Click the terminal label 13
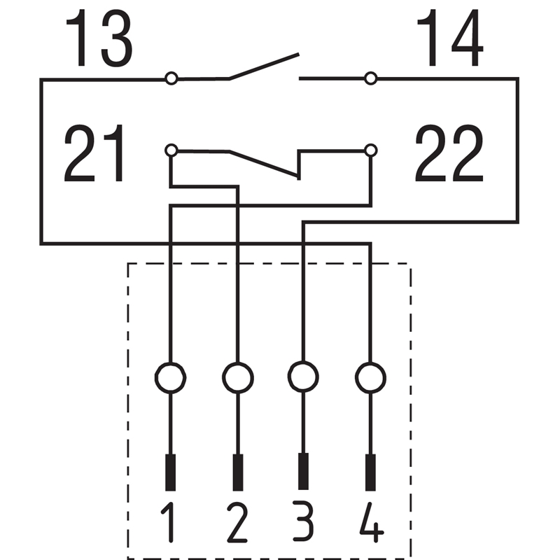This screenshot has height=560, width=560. click(x=99, y=38)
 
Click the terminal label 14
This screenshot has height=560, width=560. click(x=450, y=38)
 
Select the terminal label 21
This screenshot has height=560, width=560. click(x=94, y=153)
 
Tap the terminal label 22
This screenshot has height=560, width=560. click(x=449, y=153)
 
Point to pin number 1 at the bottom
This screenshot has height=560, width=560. click(x=169, y=522)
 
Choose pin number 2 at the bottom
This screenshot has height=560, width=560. click(x=237, y=522)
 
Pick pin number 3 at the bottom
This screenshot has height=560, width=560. click(x=303, y=521)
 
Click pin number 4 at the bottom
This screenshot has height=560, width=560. click(x=372, y=522)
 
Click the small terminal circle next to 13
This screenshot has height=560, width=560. click(x=171, y=78)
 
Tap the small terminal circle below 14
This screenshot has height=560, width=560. click(x=371, y=78)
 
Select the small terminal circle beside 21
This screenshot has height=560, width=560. click(x=171, y=150)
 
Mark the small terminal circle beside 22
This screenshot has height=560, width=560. click(x=371, y=150)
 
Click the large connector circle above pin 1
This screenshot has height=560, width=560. click(x=170, y=378)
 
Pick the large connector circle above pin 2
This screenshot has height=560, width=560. click(x=238, y=378)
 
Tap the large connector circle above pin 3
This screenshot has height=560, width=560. click(x=303, y=377)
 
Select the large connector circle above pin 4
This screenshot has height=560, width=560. click(x=371, y=378)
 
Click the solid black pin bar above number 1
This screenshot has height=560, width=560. click(x=170, y=472)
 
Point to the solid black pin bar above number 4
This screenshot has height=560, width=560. click(x=371, y=472)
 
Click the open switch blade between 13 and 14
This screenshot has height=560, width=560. click(x=264, y=66)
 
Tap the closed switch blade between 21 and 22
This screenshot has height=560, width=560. click(x=264, y=164)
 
